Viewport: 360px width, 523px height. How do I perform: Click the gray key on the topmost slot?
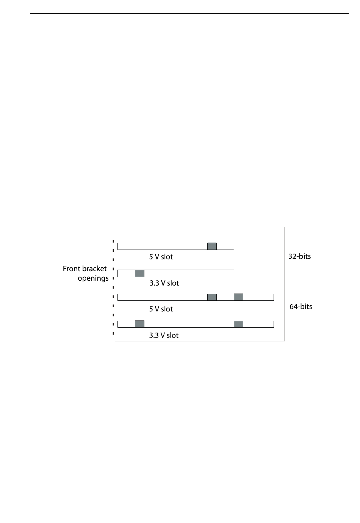tap(212, 246)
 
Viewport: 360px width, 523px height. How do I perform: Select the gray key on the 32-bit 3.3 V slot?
tap(139, 273)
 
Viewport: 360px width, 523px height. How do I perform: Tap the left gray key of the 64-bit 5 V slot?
tap(212, 297)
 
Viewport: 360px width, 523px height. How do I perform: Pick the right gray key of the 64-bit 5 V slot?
tap(238, 297)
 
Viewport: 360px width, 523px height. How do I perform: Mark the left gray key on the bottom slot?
tap(139, 324)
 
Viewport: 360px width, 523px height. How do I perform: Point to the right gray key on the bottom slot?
tap(238, 324)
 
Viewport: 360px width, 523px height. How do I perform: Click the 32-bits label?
tap(299, 256)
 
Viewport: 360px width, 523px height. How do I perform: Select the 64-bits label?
tap(301, 306)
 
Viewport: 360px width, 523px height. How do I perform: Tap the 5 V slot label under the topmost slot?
tap(161, 257)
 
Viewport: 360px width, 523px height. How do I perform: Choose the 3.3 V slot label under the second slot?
tap(164, 283)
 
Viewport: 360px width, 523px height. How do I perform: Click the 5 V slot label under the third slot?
tap(161, 309)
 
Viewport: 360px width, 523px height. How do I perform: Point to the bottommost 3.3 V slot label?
tap(164, 335)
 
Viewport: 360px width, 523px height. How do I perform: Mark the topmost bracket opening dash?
tap(114, 241)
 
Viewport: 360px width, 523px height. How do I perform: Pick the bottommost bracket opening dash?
tap(114, 334)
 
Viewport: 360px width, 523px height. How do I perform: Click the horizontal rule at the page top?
tap(189, 14)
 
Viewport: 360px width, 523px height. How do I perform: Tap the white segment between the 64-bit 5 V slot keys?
tap(225, 297)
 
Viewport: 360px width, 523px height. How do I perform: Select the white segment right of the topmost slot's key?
tap(225, 246)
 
